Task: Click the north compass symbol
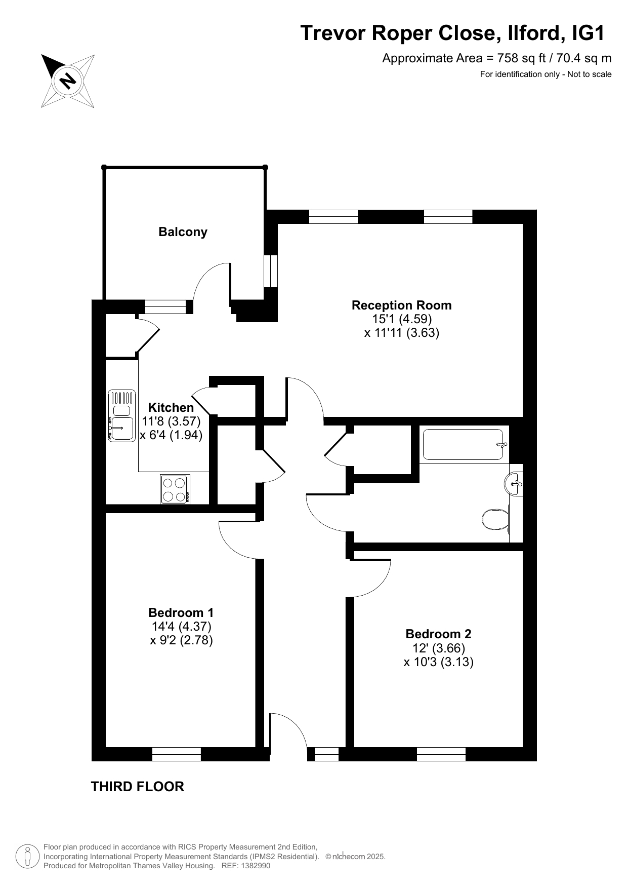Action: (x=67, y=81)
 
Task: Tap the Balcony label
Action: (x=183, y=232)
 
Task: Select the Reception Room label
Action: (x=402, y=305)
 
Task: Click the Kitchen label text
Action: (x=171, y=408)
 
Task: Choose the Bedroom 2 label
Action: (x=438, y=634)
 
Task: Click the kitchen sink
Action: (x=121, y=415)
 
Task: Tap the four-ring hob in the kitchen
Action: (x=175, y=489)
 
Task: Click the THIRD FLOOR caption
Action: (x=138, y=787)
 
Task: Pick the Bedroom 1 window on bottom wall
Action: (x=177, y=754)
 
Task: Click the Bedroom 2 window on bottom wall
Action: (x=441, y=754)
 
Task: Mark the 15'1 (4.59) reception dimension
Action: (x=402, y=319)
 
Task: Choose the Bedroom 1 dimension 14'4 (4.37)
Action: (x=181, y=627)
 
